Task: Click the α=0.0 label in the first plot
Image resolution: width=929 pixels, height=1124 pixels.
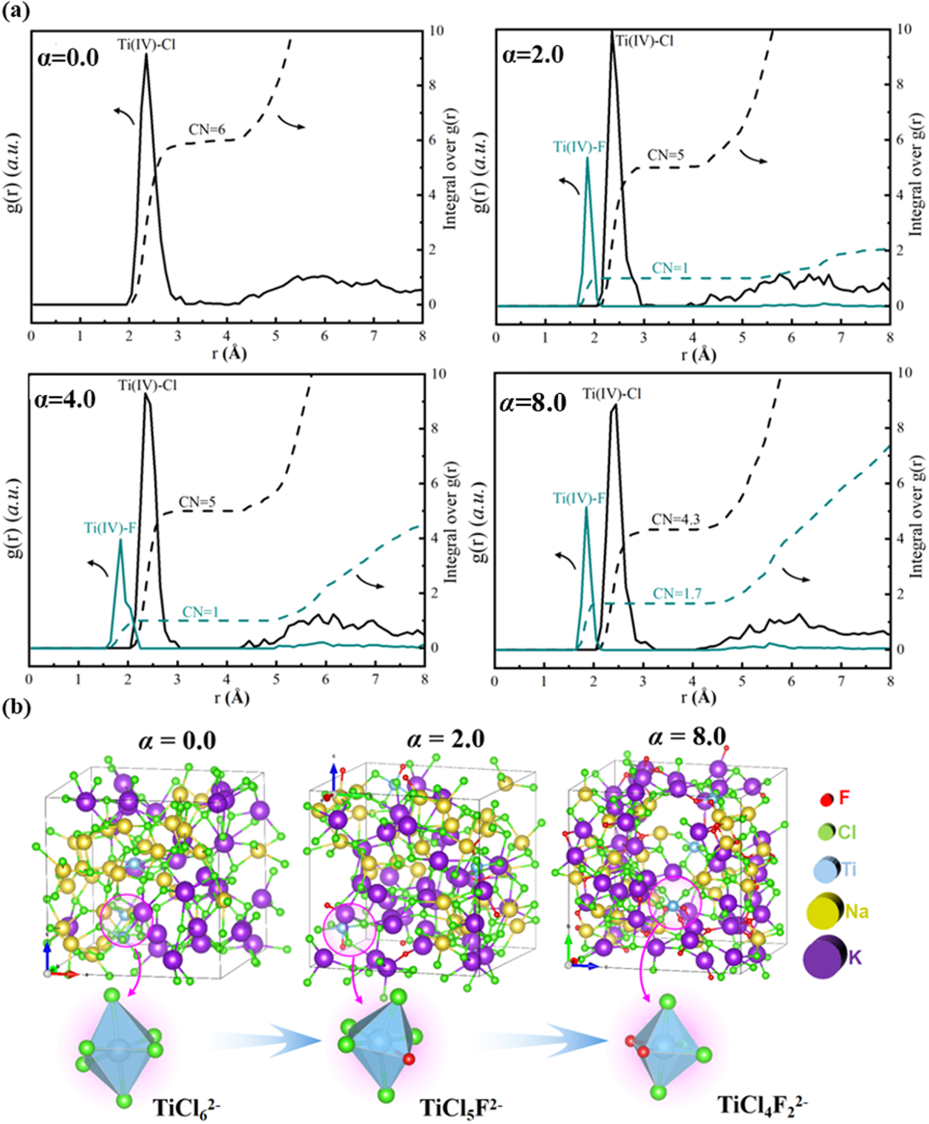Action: pos(68,58)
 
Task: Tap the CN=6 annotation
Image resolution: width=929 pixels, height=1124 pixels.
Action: pos(206,130)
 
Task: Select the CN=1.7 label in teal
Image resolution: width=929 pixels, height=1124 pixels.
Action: pos(676,594)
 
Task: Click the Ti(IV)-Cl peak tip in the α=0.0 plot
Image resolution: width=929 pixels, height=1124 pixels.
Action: pos(146,54)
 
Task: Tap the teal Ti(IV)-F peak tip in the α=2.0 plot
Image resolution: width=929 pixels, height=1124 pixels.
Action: pos(587,158)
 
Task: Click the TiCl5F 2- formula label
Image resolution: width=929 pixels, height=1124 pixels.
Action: pos(461,1107)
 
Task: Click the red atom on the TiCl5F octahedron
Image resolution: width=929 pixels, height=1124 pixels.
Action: pos(409,1059)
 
